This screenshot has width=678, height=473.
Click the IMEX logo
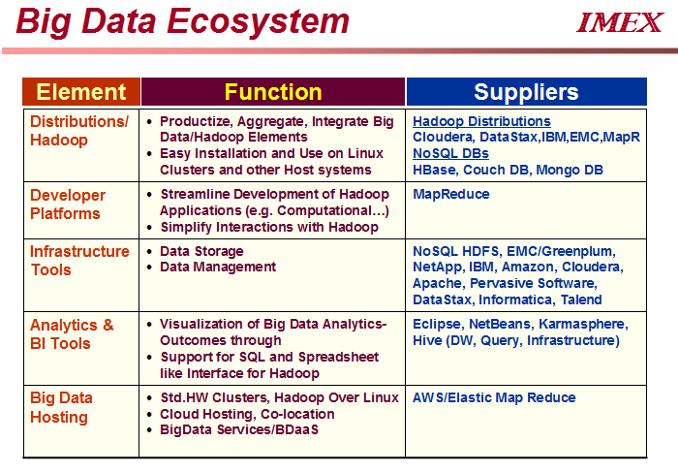620,22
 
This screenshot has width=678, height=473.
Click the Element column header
81,92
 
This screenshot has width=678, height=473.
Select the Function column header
273,92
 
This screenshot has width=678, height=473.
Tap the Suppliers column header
526,92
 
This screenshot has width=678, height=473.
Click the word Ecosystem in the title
258,21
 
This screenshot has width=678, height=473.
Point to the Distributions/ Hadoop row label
79,131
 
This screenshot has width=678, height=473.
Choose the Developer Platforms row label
68,205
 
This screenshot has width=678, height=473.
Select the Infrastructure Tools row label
79,261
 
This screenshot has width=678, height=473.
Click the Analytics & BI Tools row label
72,334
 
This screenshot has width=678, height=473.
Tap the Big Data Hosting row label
61,407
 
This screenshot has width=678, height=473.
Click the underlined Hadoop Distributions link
481,121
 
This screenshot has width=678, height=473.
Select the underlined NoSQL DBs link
450,153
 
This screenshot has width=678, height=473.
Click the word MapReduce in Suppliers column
451,194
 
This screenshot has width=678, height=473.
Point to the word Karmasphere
583,324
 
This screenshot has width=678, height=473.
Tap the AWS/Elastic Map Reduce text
494,397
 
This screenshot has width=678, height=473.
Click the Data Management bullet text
218,267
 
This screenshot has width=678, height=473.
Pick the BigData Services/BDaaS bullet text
239,429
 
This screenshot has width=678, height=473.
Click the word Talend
581,300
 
